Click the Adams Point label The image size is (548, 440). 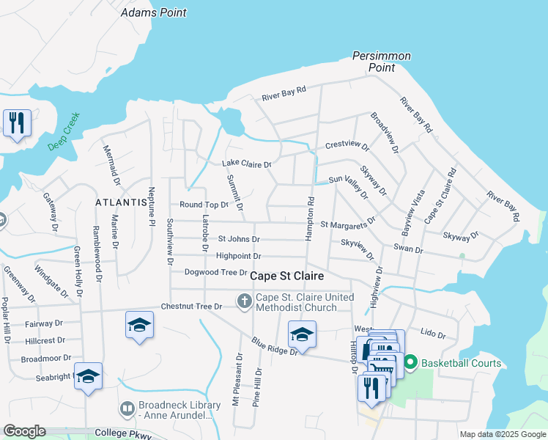(x=153, y=12)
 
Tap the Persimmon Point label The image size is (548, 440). (x=382, y=62)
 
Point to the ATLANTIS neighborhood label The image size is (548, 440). (x=122, y=202)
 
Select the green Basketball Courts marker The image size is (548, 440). (x=410, y=362)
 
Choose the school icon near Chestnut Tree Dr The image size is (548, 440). (x=139, y=325)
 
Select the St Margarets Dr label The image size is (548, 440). (x=348, y=221)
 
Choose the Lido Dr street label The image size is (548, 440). (x=432, y=334)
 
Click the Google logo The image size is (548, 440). (x=24, y=431)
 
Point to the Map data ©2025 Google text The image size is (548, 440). (x=502, y=434)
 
